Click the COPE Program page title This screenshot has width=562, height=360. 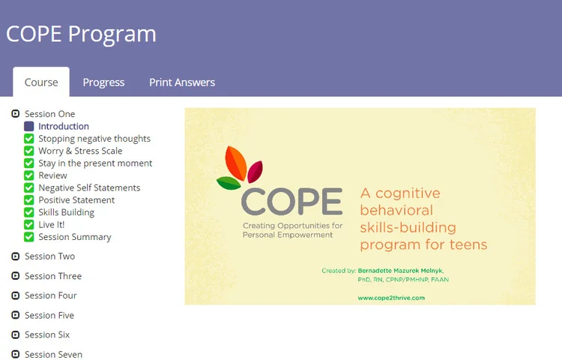tap(81, 34)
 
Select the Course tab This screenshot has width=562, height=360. tap(41, 82)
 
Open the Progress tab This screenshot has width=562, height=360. tap(103, 82)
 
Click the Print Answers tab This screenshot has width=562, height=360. tap(182, 82)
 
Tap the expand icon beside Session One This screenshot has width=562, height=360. tap(15, 114)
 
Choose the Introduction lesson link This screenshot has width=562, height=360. tap(64, 126)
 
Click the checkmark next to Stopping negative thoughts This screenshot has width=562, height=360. tap(29, 139)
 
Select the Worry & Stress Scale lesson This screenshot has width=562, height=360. tap(80, 151)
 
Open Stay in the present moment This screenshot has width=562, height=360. tap(95, 163)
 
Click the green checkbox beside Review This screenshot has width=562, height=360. tap(29, 175)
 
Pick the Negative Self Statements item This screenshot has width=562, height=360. tap(89, 187)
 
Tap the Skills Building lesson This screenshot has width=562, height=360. tap(66, 212)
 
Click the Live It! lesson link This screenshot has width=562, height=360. tap(51, 224)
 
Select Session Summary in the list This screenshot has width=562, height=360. tap(74, 237)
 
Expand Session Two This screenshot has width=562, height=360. tap(15, 256)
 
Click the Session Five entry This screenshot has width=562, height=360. tap(49, 315)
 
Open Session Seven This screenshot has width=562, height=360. tap(53, 354)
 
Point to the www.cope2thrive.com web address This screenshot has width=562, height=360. tap(391, 298)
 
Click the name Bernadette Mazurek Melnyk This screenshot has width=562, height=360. tap(404, 271)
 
